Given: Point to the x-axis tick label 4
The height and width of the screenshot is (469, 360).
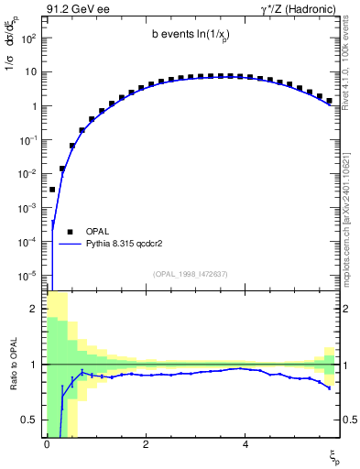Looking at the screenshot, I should (245, 444).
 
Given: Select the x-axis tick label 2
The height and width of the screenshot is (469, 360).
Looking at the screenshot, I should (145, 444).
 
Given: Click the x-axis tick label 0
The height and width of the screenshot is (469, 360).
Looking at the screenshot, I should (46, 444).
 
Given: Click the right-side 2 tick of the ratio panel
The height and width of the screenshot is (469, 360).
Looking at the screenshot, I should (349, 309).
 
